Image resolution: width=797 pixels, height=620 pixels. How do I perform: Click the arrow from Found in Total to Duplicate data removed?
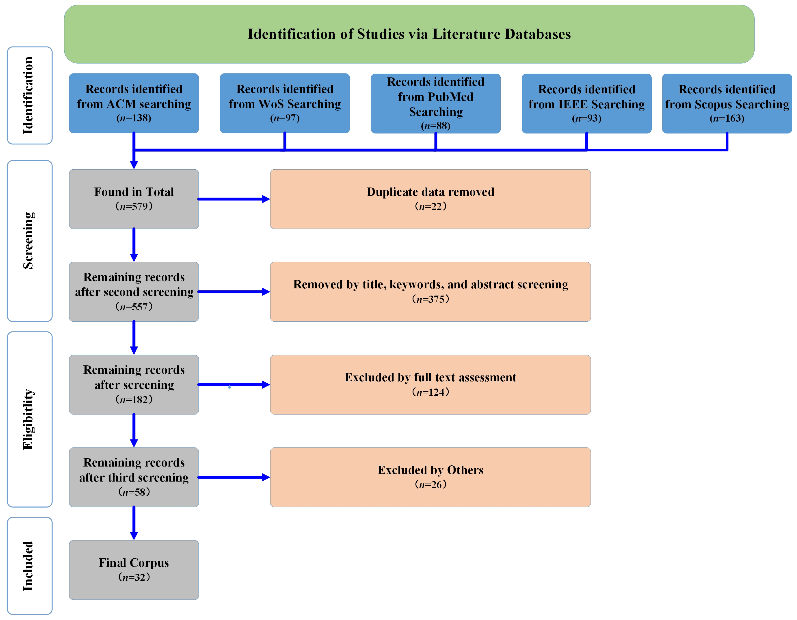(234, 199)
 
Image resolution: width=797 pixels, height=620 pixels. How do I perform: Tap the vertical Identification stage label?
(29, 95)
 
